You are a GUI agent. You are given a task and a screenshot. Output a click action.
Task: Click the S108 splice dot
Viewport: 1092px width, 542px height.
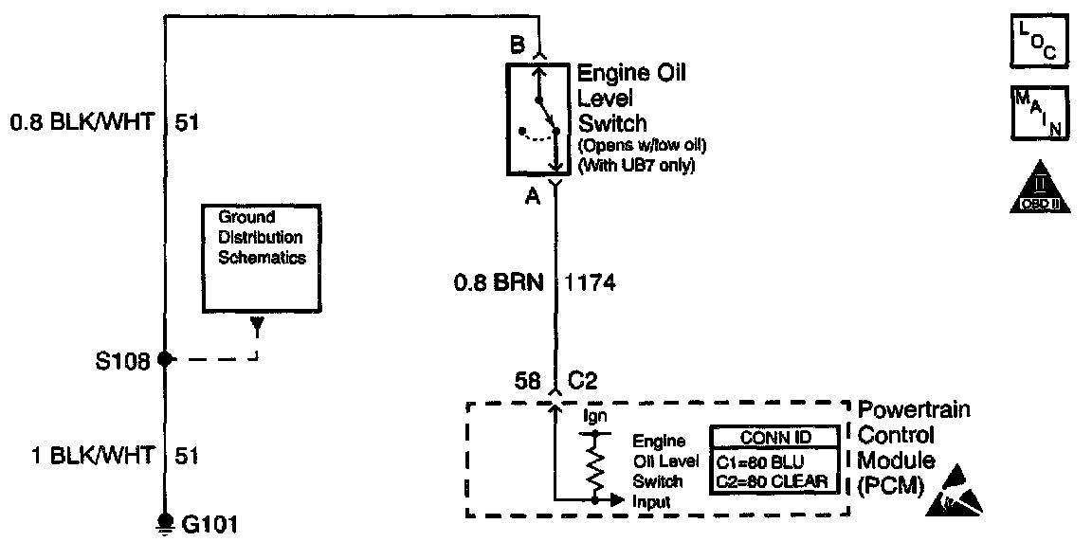coord(165,359)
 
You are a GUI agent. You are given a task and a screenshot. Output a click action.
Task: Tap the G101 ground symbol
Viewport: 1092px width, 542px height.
coord(165,522)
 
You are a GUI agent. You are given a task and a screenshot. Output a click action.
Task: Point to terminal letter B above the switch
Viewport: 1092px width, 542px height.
coord(517,45)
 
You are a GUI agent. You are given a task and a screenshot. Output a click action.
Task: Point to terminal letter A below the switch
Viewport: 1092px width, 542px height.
coord(532,196)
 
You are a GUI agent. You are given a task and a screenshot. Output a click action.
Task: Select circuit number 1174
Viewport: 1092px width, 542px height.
coord(591,282)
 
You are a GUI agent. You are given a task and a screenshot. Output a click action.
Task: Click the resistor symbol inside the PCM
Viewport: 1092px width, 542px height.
coord(595,467)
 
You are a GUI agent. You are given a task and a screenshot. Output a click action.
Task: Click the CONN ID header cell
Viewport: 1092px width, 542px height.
coord(774,438)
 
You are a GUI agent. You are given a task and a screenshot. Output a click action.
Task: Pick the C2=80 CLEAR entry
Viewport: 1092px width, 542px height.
coord(774,482)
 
